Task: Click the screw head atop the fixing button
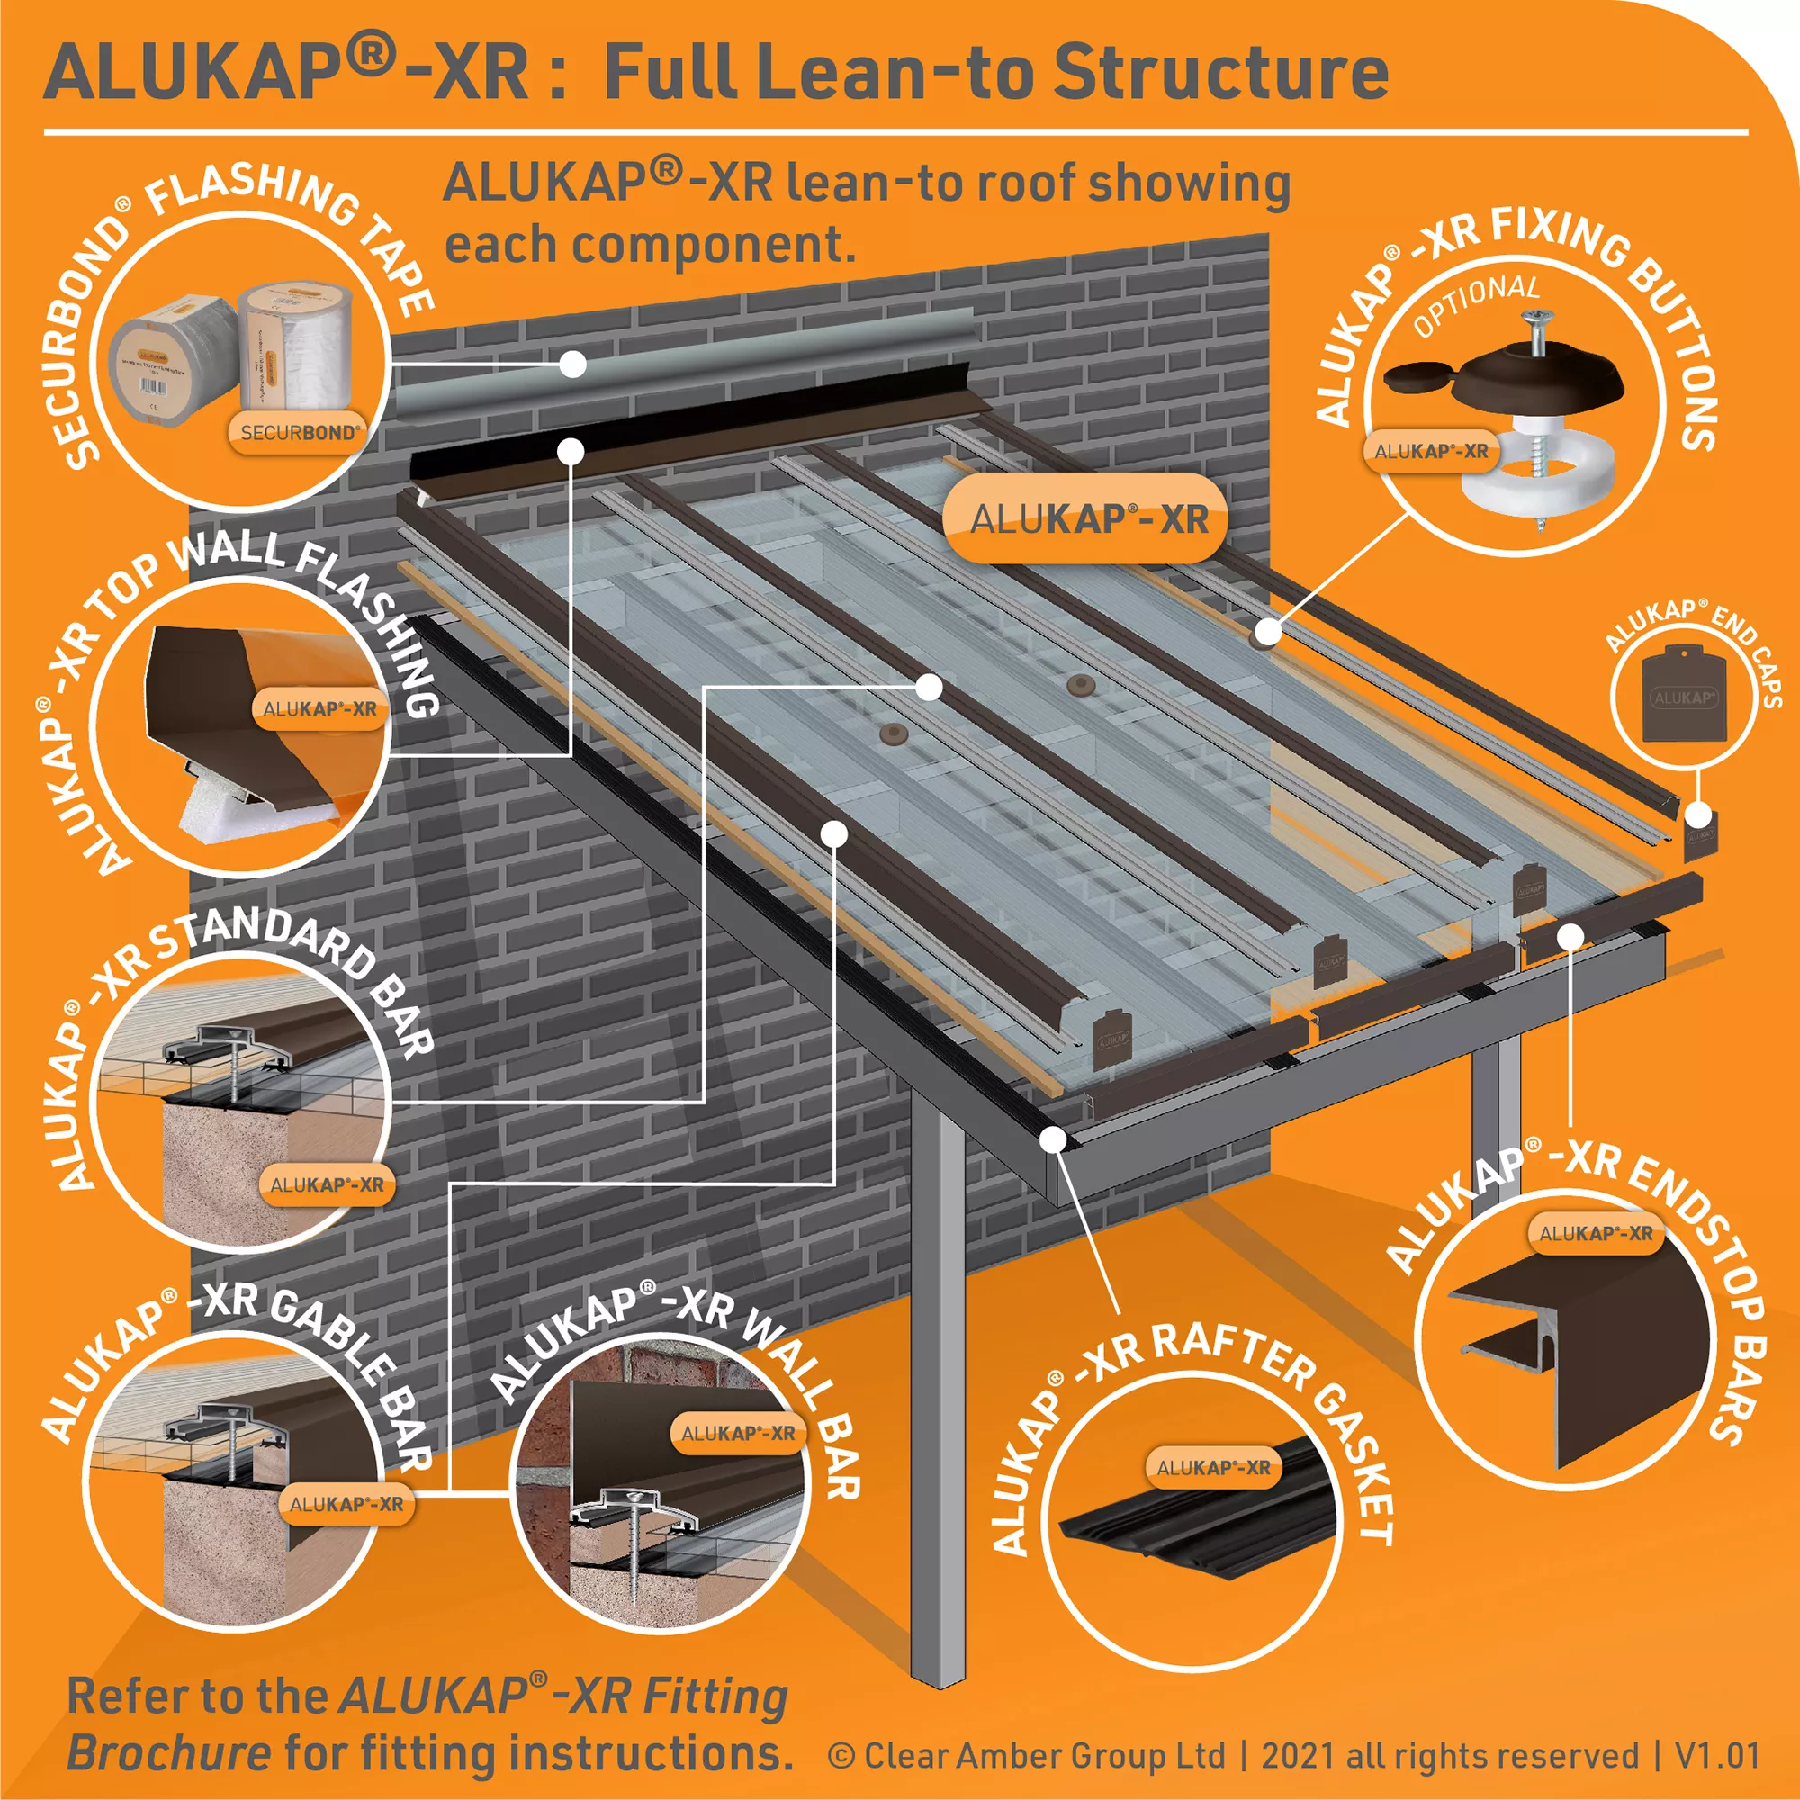coord(1535,322)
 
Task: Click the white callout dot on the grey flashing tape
coord(573,364)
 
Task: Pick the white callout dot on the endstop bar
coord(1570,933)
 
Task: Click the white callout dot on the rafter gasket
coord(1054,1138)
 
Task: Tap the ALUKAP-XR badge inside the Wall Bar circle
coord(737,1433)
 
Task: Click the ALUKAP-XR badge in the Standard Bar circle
coord(326,1185)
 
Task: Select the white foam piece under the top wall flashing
coord(223,802)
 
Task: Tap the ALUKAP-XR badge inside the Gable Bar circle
coord(346,1504)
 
